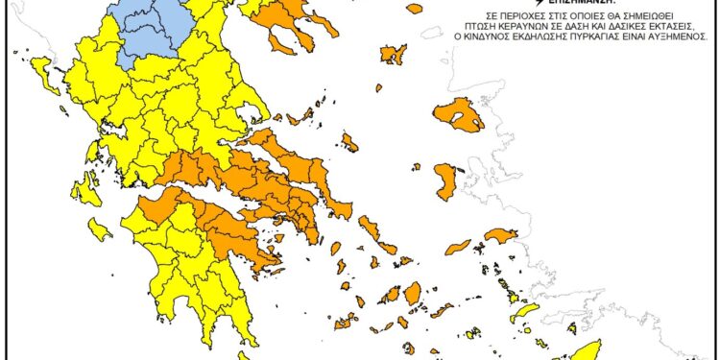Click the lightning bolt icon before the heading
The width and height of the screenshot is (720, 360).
(x=525, y=4)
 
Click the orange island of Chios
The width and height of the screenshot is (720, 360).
(x=445, y=180)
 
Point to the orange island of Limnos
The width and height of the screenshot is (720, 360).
(x=392, y=54)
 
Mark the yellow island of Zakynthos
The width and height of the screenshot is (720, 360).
(x=99, y=228)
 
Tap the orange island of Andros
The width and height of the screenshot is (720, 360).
(x=370, y=228)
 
